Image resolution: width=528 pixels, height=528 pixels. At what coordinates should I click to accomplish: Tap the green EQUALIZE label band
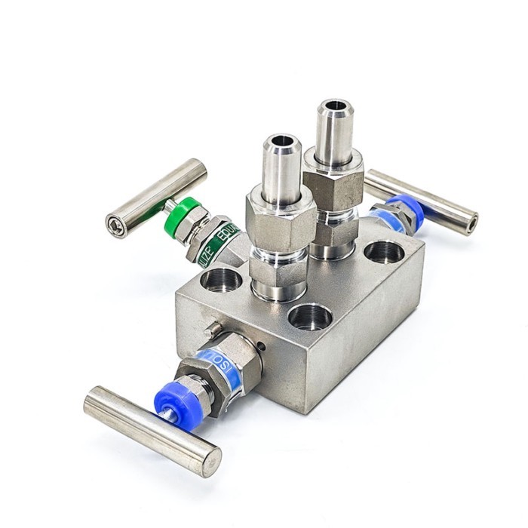[218, 241]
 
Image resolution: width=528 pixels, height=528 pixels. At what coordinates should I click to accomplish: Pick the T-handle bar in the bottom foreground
[152, 429]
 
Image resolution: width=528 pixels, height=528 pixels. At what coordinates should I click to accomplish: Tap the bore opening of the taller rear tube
[335, 106]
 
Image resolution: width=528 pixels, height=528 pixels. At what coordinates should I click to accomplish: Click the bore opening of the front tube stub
[283, 141]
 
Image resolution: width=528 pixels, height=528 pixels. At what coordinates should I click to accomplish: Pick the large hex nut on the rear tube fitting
[333, 180]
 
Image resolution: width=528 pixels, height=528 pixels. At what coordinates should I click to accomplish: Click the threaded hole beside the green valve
[221, 280]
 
